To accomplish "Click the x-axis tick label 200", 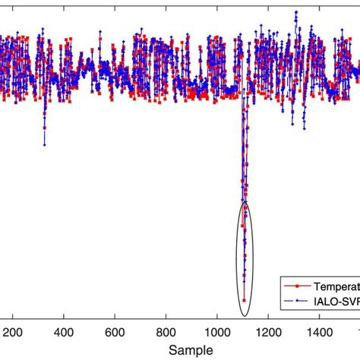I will [x=13, y=332].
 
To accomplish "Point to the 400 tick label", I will [x=64, y=332].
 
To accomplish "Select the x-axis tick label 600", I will [x=115, y=332].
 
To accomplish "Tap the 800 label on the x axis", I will [x=166, y=332].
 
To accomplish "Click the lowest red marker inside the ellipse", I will [x=244, y=301].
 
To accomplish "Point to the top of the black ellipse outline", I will [x=245, y=201].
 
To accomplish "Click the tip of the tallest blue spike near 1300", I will [x=295, y=12].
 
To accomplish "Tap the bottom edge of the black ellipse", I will [x=245, y=316].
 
